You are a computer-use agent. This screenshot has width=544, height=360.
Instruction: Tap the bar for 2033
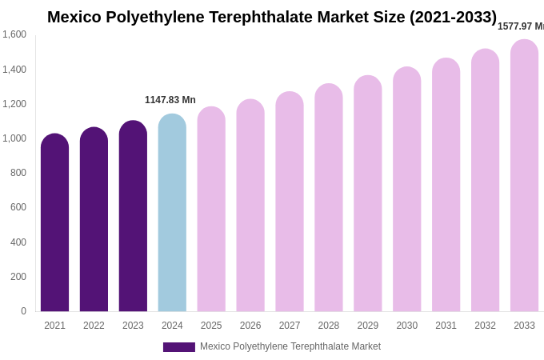[524, 175]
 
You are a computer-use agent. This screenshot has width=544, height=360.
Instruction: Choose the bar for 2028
[329, 198]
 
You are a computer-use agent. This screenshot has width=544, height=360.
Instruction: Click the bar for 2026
[250, 206]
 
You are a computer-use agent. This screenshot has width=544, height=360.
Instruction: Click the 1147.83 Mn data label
[170, 100]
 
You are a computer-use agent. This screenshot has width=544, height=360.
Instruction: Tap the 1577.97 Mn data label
[521, 26]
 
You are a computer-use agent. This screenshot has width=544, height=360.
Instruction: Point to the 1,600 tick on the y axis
[14, 34]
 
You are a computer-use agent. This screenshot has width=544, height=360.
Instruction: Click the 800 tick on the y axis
[18, 173]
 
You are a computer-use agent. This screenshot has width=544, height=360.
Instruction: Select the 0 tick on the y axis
[23, 311]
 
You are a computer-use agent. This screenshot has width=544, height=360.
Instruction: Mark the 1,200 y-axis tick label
[14, 104]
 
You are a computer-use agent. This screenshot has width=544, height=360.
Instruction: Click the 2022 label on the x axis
[94, 326]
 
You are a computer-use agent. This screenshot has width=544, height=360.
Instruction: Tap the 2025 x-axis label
[211, 326]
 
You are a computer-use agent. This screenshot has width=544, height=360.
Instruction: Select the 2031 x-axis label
[446, 326]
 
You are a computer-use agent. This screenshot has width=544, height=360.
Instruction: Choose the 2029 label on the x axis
[368, 326]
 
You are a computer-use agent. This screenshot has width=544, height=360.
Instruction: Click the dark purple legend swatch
[178, 347]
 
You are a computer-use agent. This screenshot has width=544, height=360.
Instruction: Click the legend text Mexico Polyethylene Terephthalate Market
[290, 346]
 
